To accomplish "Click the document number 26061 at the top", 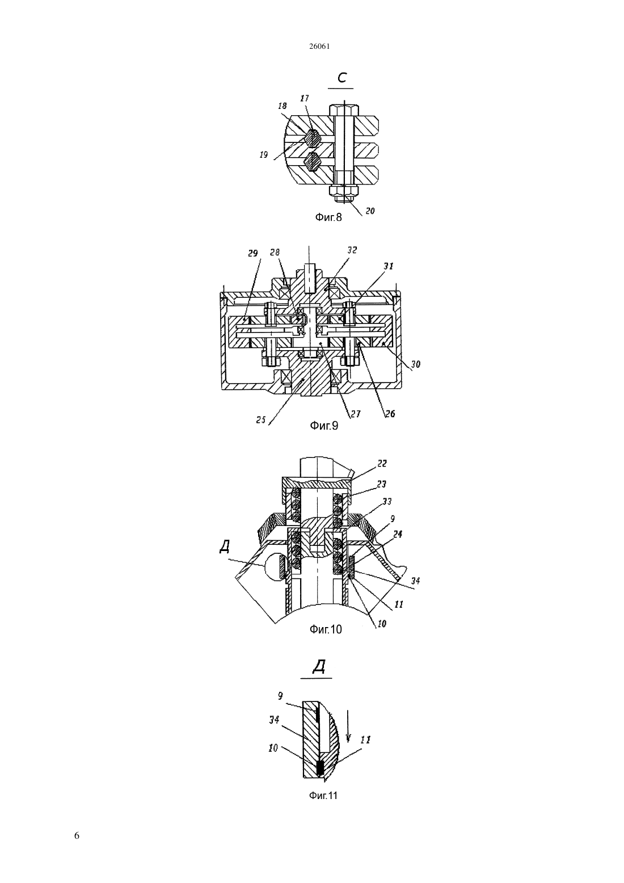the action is pos(319,47).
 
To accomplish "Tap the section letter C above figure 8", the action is pos(341,78).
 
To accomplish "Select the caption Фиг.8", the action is pos(328,217).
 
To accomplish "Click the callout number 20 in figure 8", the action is pos(370,211).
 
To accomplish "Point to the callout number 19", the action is pos(264,154).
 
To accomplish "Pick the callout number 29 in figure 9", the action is pos(252,253).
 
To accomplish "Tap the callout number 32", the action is pos(352,250).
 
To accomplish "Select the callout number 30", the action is pos(415,364).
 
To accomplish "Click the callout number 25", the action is pos(261,420).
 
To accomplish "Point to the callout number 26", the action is pos(390,414).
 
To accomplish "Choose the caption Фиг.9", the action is pos(324,426).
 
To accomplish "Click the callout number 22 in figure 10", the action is pos(382,464).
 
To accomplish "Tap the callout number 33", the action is pos(386,502).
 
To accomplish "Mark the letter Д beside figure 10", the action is pos(225,547).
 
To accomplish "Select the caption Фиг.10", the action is pos(326,629).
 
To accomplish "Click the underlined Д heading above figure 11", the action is pos(318,667).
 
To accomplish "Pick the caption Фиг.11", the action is pos(323,796).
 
